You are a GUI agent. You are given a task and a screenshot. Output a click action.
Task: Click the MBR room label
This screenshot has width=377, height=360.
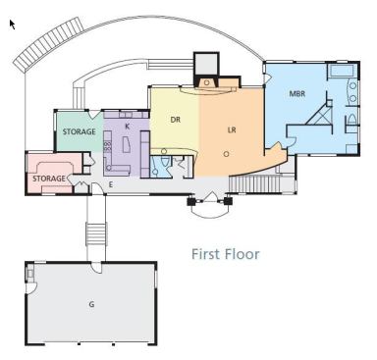297,94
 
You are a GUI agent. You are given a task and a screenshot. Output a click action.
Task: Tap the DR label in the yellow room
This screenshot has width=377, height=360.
176,120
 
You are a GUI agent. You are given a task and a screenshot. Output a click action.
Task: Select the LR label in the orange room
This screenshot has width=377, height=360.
232,130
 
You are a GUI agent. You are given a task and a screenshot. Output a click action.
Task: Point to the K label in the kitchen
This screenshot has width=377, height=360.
128,126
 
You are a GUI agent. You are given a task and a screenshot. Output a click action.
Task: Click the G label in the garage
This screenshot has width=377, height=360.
91,304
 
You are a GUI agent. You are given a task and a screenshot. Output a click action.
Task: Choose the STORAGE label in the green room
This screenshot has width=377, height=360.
80,131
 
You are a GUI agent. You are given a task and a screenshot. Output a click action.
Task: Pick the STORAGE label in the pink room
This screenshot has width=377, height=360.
49,179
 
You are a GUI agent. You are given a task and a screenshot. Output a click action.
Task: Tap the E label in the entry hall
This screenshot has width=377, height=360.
111,184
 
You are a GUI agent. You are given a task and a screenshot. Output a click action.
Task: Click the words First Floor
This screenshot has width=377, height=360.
226,254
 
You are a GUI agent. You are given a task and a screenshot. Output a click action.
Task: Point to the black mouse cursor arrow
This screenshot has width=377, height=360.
12,25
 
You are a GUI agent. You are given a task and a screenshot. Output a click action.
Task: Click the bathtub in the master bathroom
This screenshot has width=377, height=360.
341,71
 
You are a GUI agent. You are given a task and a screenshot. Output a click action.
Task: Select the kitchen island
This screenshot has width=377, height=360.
127,144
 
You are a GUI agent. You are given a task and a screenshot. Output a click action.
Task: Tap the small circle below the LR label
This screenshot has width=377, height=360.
226,154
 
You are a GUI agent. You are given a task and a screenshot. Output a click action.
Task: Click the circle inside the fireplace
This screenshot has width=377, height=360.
206,82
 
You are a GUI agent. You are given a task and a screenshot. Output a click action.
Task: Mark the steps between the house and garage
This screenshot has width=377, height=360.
96,233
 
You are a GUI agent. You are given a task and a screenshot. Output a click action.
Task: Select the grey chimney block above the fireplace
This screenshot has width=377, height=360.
206,64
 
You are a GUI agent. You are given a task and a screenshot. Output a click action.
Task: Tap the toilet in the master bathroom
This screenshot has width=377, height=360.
351,120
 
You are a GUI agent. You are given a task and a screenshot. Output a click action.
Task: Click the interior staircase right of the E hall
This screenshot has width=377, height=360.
254,184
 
